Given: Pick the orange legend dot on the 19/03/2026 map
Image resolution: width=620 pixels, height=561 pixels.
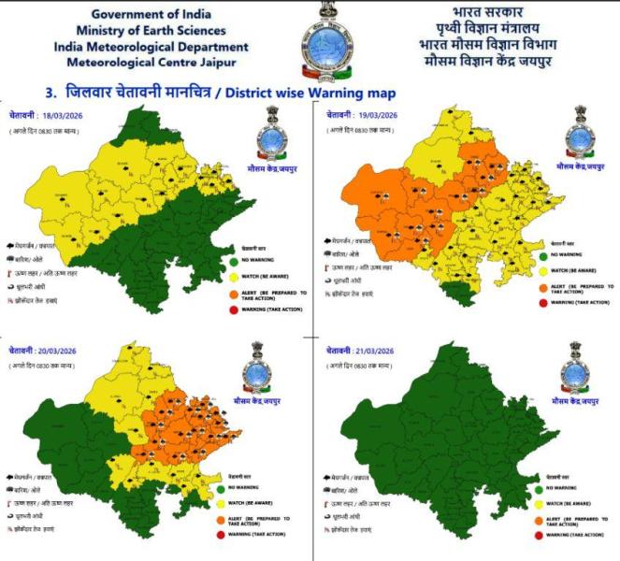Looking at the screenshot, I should coord(542,287).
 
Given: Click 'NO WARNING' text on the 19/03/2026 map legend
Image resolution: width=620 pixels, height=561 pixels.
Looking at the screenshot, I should coord(567,254).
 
